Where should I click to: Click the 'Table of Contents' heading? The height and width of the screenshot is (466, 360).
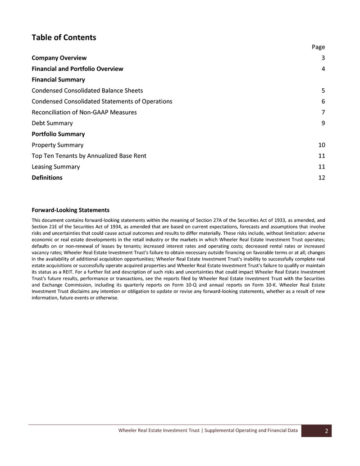64,37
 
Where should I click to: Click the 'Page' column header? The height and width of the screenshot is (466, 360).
319,47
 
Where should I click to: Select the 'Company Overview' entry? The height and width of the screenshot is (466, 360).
59,58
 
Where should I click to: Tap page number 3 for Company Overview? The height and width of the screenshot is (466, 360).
323,58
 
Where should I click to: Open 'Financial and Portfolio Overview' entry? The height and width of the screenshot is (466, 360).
77,69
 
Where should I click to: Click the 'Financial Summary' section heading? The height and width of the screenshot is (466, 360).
58,80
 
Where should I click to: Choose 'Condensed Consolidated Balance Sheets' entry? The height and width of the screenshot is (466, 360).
87,91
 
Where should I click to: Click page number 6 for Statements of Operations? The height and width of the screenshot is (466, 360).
323,101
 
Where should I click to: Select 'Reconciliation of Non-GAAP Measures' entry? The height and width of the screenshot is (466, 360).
84,112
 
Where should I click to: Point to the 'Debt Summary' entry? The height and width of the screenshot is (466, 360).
52,123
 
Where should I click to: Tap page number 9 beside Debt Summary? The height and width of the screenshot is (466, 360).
323,123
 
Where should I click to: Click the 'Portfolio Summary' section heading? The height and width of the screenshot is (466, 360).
58,134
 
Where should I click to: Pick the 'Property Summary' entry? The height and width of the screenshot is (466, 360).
57,145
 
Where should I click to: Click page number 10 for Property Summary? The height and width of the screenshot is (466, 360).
321,145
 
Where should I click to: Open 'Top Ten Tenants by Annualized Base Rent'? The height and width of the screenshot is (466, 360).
89,156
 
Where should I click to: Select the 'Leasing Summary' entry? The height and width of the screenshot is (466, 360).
55,167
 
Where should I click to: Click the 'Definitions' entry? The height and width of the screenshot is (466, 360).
47,178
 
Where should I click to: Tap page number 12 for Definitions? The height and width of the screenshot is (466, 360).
321,178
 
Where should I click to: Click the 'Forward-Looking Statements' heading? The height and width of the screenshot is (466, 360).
70,210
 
